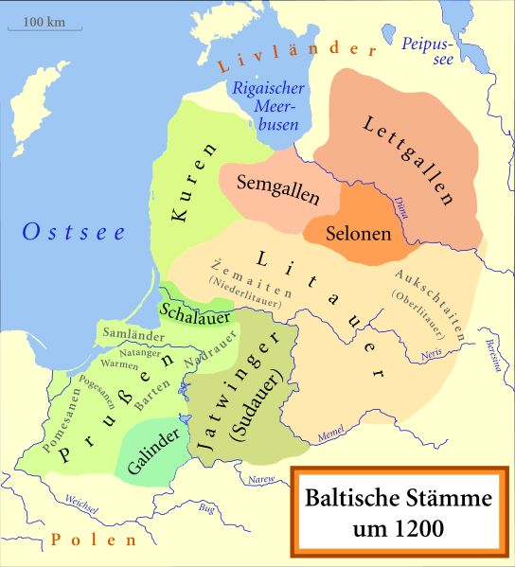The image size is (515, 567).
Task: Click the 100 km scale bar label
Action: (x=40, y=20)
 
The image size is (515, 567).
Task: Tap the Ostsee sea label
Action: (x=74, y=232)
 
